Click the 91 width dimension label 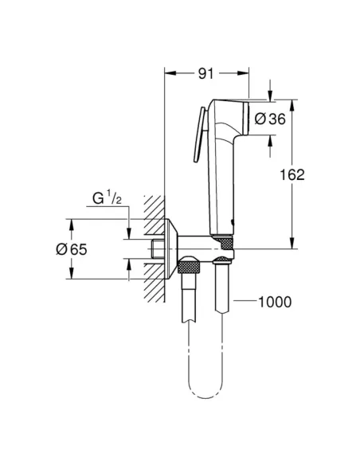(x=206, y=75)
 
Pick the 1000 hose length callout (x=275, y=302)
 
